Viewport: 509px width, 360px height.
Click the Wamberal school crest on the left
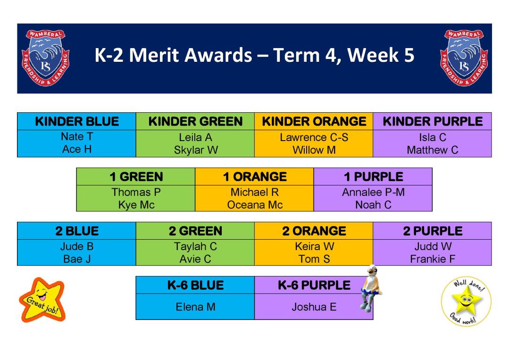tap(45, 58)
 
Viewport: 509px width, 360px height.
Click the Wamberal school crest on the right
tap(464, 58)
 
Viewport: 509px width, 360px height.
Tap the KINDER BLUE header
tap(77, 121)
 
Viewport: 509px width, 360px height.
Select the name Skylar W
tap(196, 150)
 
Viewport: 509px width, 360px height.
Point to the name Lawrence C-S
tap(314, 137)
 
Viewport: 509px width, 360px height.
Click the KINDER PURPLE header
tap(433, 121)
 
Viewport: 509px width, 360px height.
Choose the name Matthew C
tap(433, 150)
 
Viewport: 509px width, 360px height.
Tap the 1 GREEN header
tap(136, 176)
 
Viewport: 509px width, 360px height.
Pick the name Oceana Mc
tap(255, 205)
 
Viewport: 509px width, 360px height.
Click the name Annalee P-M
tap(373, 192)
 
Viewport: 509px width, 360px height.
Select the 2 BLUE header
tap(77, 231)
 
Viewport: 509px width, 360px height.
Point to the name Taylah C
tap(195, 246)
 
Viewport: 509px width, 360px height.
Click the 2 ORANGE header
tap(314, 231)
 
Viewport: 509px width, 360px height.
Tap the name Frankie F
tap(433, 259)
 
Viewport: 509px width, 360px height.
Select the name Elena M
tap(195, 307)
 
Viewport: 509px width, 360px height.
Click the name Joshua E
tap(314, 307)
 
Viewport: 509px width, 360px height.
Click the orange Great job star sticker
tap(42, 300)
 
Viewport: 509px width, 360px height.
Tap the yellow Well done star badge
tap(466, 301)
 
